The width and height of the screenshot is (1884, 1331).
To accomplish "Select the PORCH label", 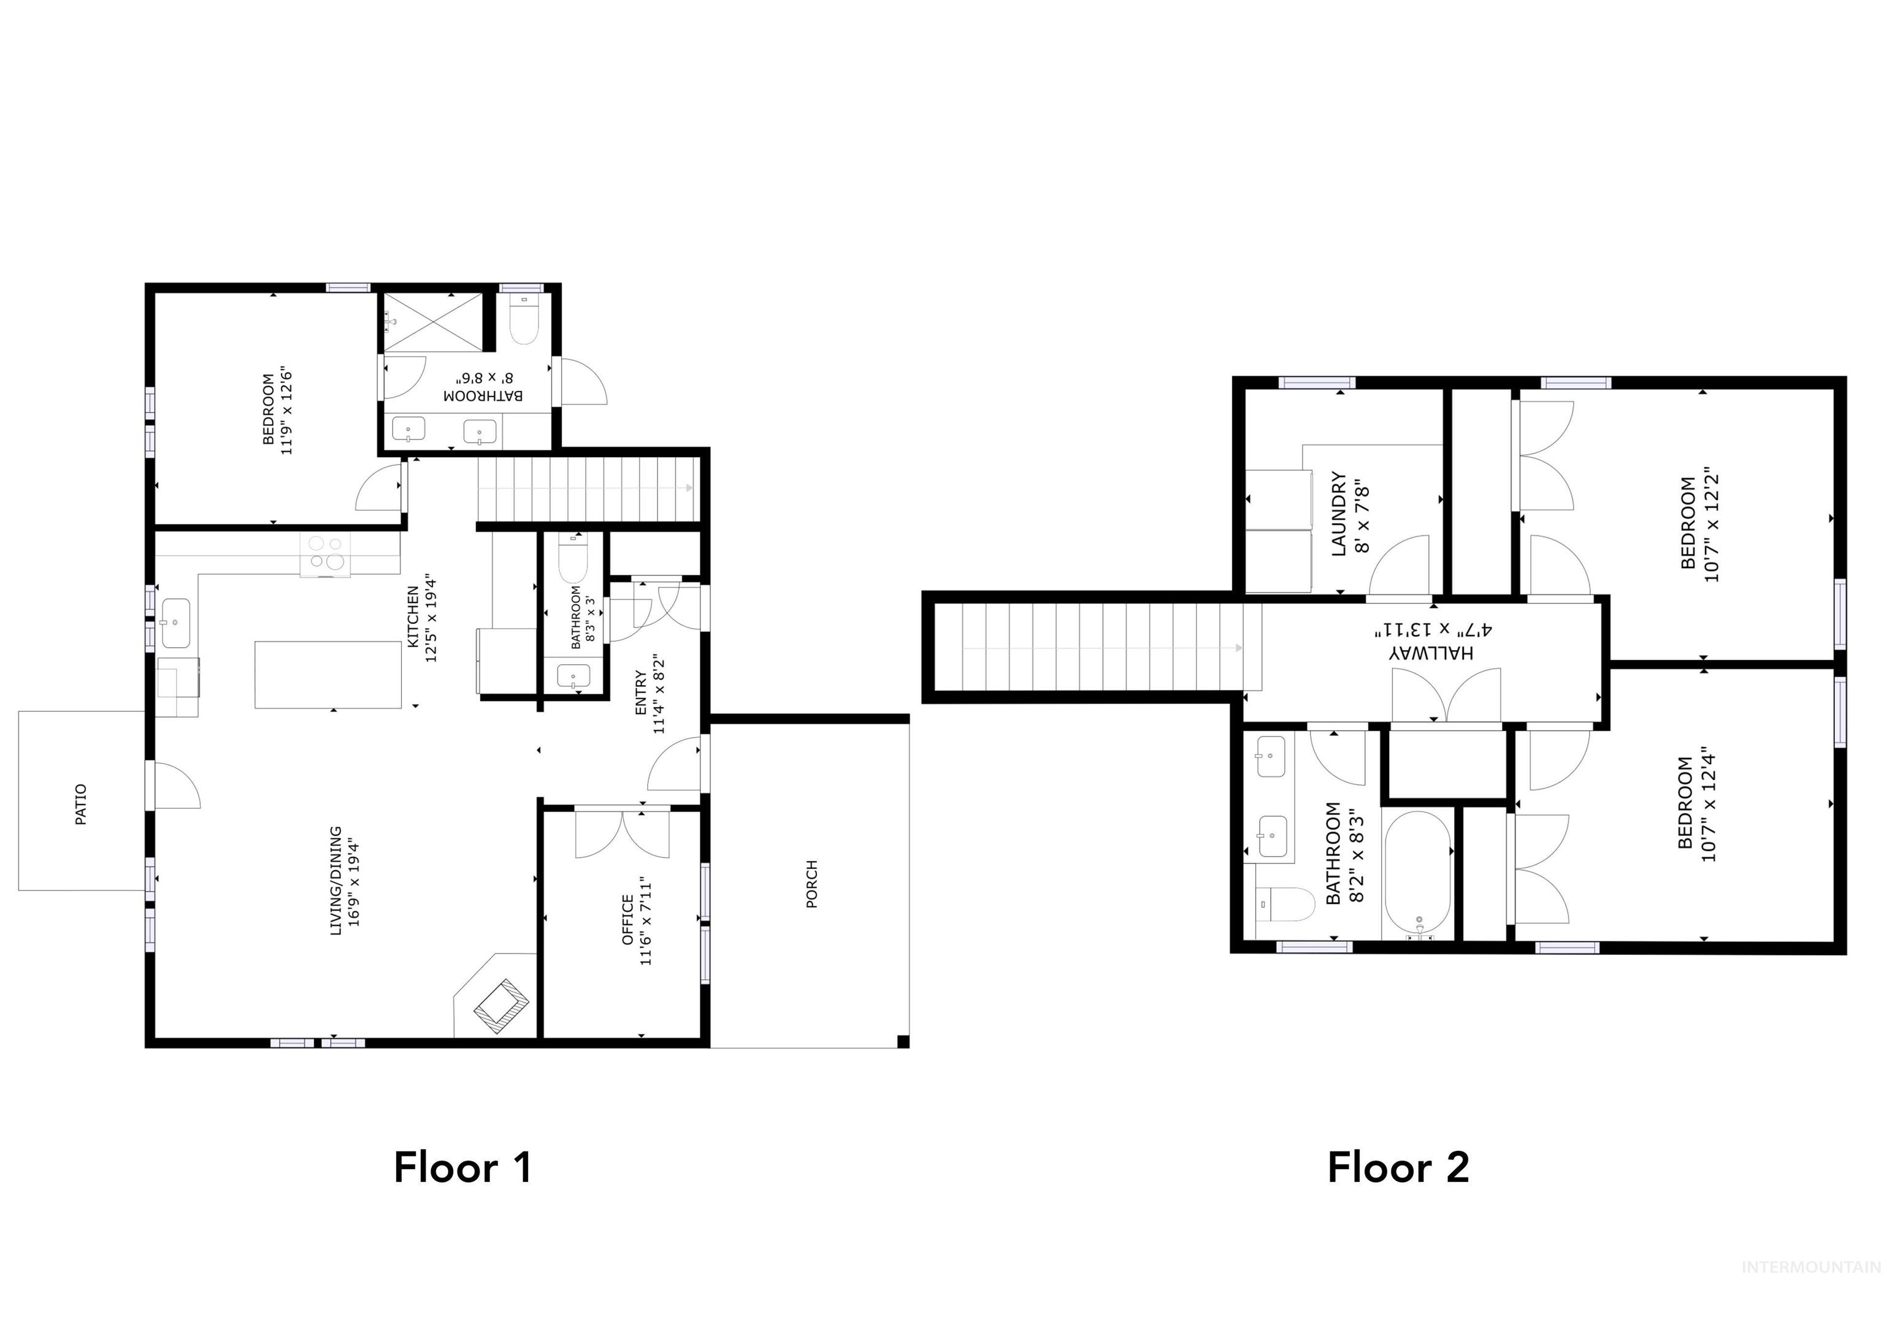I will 811,884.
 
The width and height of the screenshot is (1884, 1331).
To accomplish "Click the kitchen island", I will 328,674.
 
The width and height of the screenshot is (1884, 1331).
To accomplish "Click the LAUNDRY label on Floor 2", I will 1338,514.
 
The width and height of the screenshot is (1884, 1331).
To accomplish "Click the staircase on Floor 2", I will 1100,647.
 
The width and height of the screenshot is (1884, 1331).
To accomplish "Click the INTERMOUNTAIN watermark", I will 1810,1290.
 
